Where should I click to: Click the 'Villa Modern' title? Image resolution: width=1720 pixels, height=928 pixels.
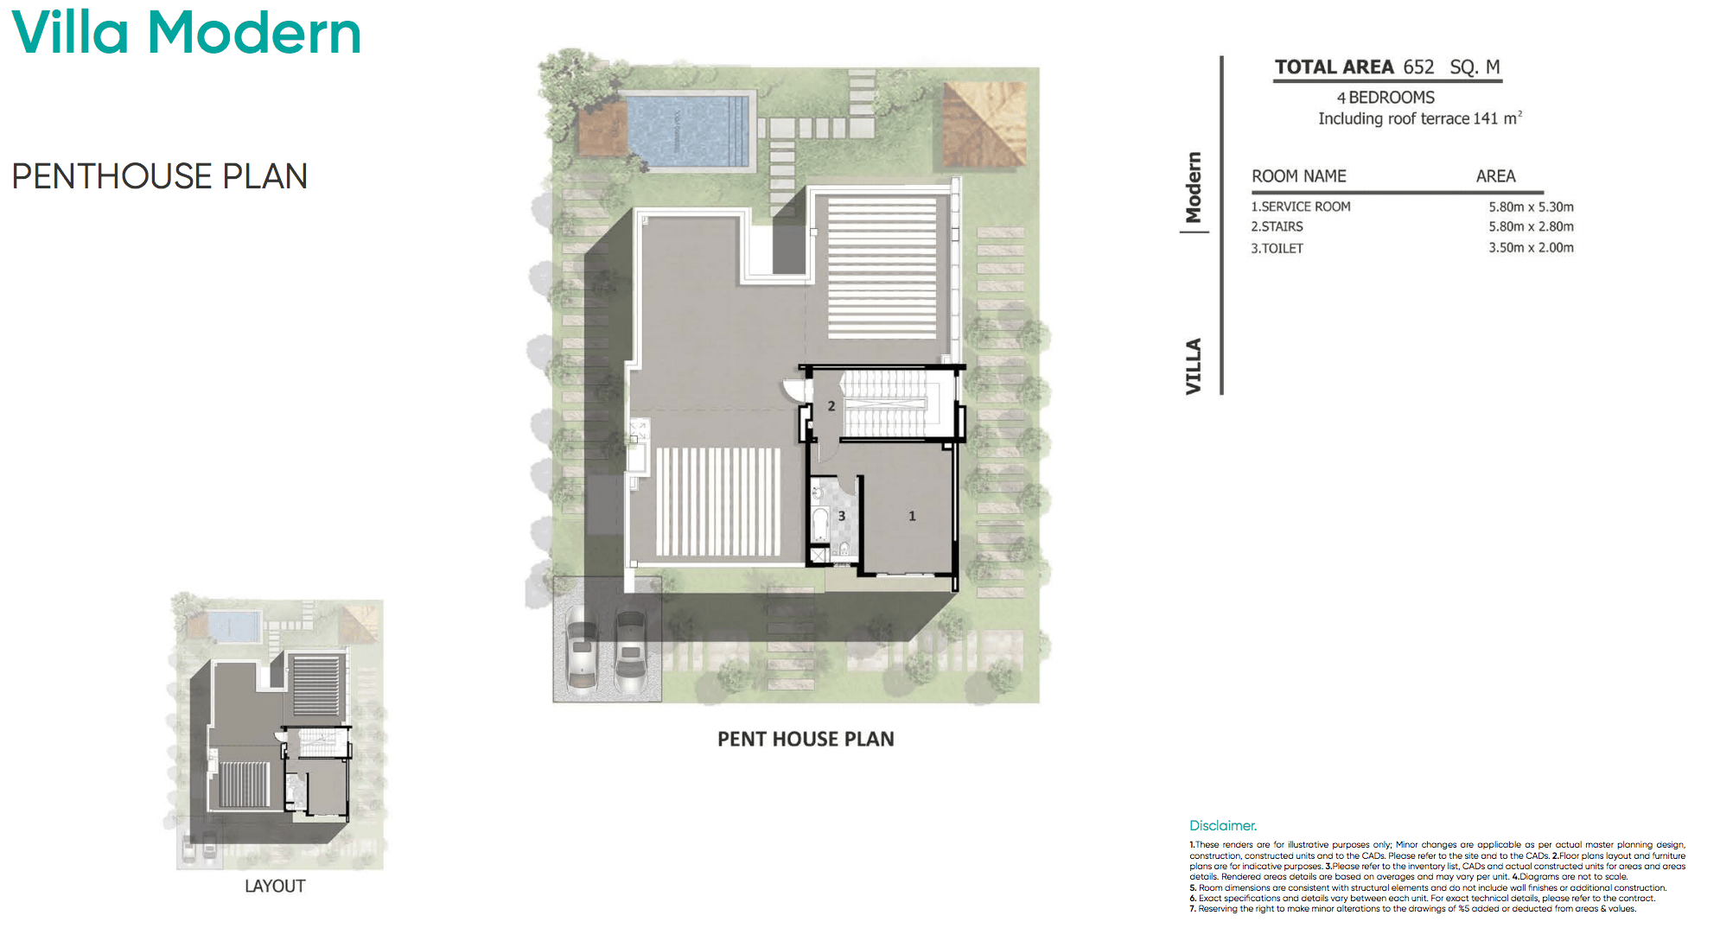coord(187,33)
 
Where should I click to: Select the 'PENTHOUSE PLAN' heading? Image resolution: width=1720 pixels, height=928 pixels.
coord(160,176)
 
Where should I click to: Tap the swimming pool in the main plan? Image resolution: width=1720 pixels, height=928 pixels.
coord(687,131)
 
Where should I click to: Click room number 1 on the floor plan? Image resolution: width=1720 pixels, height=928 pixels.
coord(912,516)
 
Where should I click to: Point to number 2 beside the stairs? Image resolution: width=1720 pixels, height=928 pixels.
coord(831,406)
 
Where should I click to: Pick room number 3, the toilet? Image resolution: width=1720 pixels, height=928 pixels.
coord(842,516)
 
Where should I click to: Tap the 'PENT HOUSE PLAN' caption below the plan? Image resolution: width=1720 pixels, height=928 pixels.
coord(806,740)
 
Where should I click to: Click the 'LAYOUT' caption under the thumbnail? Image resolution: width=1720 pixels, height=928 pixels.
coord(275,887)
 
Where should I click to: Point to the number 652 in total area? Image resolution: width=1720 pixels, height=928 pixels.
coord(1418,67)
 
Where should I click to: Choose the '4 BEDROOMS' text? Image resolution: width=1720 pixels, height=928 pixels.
coord(1386,98)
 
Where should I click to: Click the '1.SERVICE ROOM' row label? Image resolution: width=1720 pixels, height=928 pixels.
coord(1301,207)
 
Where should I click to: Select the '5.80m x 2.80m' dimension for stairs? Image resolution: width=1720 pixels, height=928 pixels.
coord(1531,227)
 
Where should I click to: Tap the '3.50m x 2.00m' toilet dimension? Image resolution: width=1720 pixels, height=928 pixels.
coord(1531,248)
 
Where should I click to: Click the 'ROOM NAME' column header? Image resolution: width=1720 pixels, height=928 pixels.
coord(1299,176)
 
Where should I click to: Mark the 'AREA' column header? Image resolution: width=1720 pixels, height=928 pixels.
coord(1495,176)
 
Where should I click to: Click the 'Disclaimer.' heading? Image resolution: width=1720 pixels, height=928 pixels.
coord(1223,826)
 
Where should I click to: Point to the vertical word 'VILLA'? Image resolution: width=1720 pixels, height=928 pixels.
coord(1194,366)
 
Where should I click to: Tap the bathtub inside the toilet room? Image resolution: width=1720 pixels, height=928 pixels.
coord(819,524)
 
